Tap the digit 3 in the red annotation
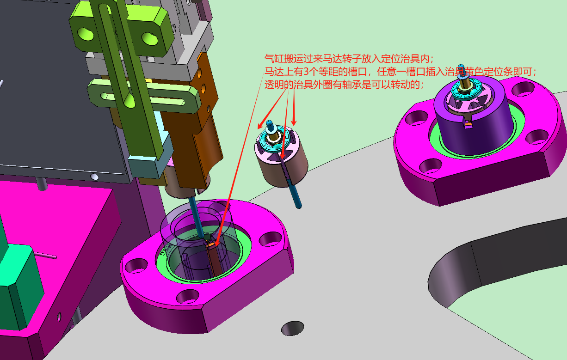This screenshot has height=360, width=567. pos(306,72)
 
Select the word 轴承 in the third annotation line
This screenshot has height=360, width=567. pos(351,85)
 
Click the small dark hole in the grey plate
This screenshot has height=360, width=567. pos(292,328)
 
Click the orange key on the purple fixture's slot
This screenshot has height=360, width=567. pos(468,124)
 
